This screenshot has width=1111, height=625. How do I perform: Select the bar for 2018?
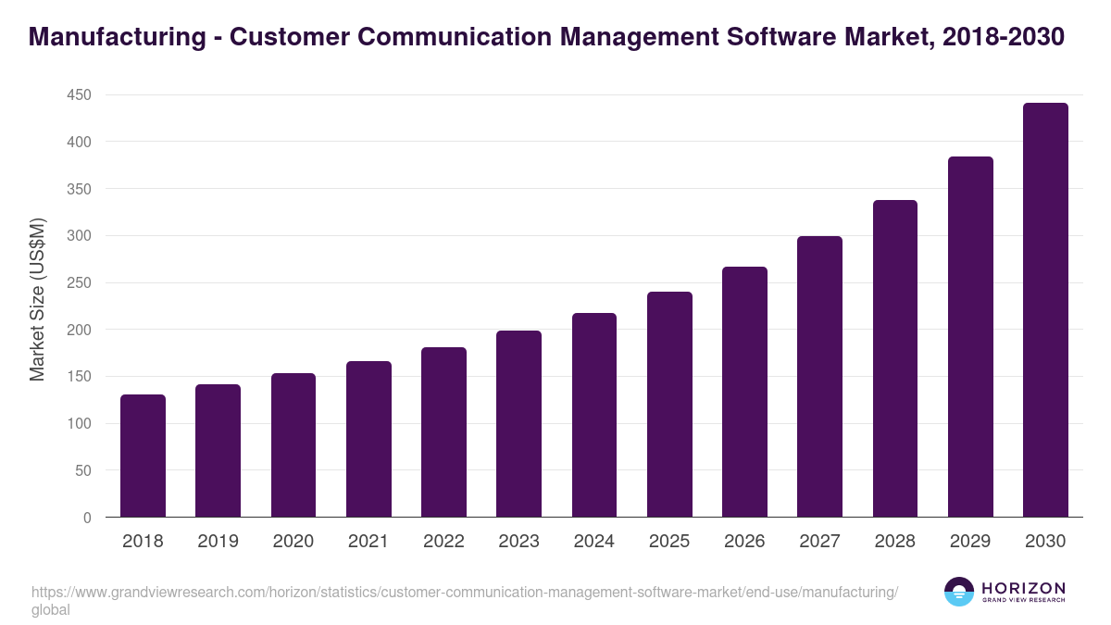143,456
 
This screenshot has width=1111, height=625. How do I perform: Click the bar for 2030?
1045,310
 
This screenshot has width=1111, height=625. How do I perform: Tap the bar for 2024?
594,415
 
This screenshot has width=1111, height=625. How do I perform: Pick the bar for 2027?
819,377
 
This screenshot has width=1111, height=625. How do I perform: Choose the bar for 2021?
368,439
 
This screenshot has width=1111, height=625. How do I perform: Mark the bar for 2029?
970,337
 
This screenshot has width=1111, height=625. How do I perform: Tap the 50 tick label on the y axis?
82,470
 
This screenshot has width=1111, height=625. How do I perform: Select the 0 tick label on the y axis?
87,518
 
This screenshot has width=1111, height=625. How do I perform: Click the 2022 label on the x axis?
443,542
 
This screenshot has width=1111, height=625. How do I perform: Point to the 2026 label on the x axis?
744,542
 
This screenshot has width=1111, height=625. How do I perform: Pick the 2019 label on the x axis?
218,542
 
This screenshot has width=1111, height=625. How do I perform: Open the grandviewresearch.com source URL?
463,593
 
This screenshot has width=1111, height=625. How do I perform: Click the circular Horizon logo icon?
958,592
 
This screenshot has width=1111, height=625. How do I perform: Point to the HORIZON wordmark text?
1023,587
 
